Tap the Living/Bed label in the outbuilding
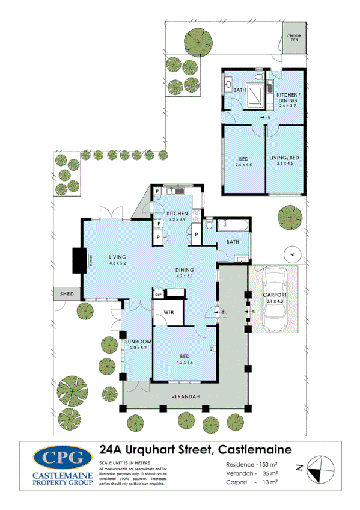[x=286, y=158]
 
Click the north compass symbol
[x=318, y=466]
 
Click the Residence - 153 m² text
[x=251, y=464]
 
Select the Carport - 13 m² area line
[x=251, y=482]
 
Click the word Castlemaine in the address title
[x=254, y=449]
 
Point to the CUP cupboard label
[x=159, y=295]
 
